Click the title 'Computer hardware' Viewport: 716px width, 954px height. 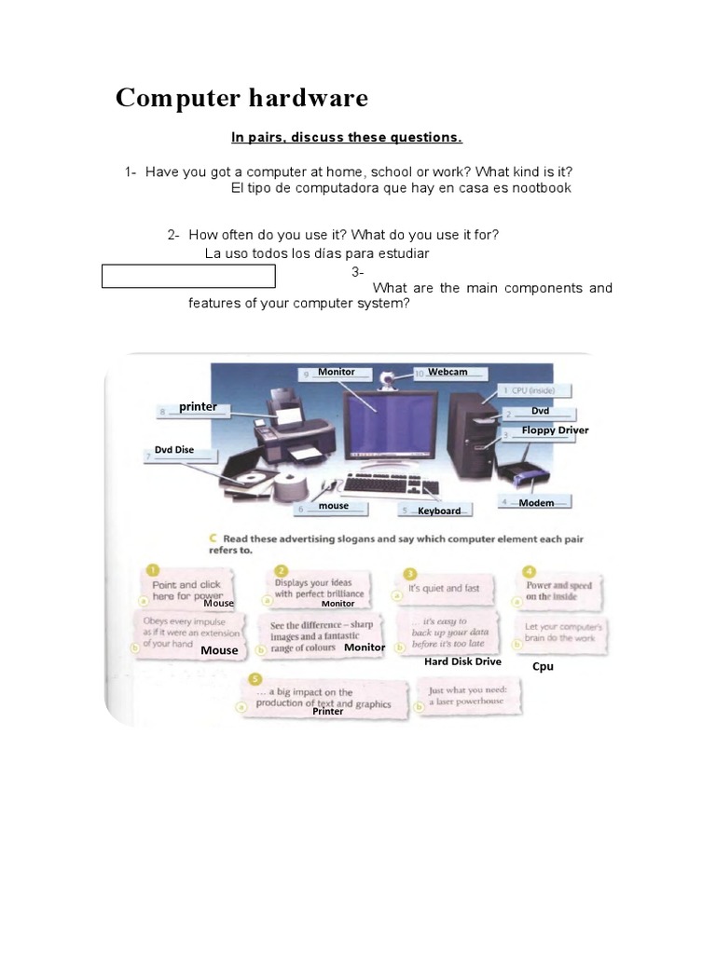[241, 98]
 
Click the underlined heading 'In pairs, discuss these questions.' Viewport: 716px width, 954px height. [347, 138]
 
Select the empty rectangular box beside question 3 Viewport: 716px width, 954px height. [188, 277]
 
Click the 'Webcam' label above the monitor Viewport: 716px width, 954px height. [447, 372]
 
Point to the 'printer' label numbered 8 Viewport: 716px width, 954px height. [198, 406]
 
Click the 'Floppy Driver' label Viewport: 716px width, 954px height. [555, 430]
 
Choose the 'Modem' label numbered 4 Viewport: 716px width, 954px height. [536, 503]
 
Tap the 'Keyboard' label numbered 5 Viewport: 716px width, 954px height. [439, 511]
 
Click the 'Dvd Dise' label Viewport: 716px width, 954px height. [174, 450]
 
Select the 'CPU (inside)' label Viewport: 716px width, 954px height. [540, 390]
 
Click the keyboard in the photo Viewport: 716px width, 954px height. [391, 484]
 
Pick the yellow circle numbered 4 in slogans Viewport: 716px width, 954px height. [530, 570]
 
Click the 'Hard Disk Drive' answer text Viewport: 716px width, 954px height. [462, 661]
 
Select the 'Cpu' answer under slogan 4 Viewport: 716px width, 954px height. [543, 666]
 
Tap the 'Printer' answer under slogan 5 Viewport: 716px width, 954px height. [328, 711]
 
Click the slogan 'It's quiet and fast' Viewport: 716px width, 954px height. [444, 589]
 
